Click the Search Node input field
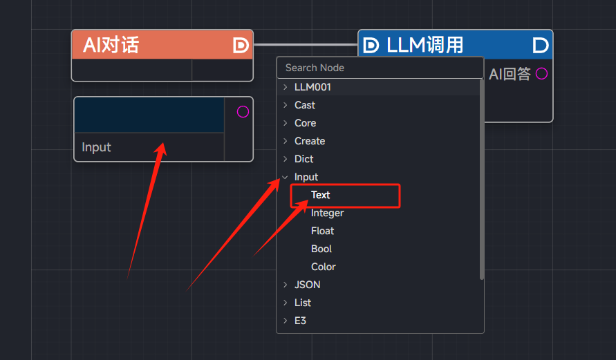380,68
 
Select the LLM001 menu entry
312,87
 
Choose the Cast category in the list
304,105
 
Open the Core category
306,123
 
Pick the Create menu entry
310,141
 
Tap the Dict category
304,159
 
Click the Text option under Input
320,195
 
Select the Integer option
327,214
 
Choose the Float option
322,231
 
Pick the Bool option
321,249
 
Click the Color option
324,267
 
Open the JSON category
307,285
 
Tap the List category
303,303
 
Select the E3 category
300,321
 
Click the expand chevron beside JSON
286,285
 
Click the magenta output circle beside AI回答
541,73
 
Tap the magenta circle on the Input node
243,112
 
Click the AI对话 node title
111,45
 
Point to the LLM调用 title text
424,45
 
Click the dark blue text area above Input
149,115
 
